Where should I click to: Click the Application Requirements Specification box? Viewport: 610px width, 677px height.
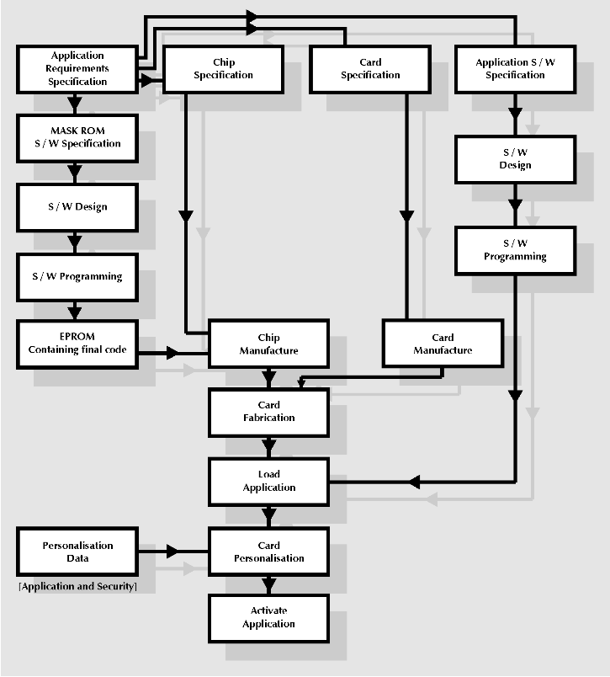point(77,69)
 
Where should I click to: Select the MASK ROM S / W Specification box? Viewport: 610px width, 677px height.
point(77,137)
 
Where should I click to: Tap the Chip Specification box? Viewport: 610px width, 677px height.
point(223,69)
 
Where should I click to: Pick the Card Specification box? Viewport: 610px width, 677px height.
point(370,69)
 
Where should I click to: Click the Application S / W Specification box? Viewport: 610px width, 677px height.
point(515,69)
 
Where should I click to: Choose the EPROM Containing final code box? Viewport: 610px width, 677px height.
point(77,343)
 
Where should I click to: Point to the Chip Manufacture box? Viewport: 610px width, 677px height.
point(268,344)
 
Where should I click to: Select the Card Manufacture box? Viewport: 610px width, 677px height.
point(443,344)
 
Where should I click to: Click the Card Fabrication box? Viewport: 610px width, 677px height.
point(268,411)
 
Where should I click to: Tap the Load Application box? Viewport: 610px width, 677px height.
point(268,481)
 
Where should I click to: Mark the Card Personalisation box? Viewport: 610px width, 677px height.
point(268,552)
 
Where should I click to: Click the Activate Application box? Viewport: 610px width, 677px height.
point(268,617)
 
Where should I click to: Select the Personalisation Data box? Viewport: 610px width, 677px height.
point(77,552)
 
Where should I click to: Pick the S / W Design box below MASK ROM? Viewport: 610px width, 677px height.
point(77,207)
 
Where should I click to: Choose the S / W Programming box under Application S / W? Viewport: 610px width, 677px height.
point(515,250)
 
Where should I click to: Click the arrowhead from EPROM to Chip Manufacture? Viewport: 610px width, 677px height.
point(173,353)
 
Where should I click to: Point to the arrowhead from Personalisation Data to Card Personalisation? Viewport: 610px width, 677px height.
point(173,552)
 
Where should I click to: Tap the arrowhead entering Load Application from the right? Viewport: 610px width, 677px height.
point(414,482)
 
